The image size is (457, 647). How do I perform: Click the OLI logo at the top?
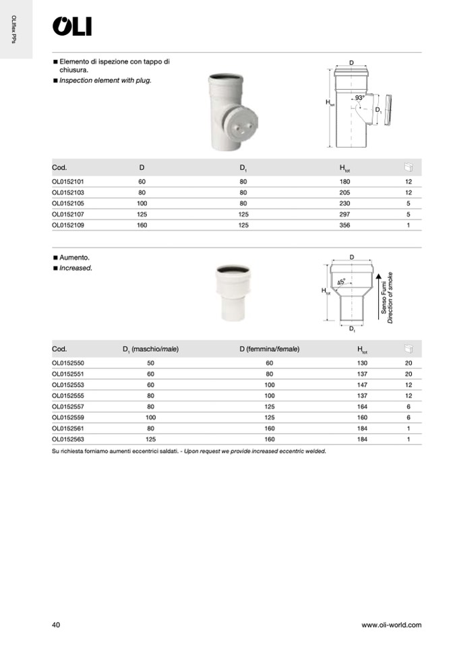pos(72,26)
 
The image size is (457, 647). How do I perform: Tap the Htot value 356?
pos(345,225)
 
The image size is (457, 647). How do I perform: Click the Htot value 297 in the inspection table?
pos(345,215)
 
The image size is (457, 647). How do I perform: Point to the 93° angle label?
pos(360,98)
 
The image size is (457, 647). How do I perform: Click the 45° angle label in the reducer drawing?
pos(341,282)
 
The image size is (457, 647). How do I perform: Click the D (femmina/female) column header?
pos(269,349)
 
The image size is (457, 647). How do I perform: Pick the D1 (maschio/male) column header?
pos(150,349)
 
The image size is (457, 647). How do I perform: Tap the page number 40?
pos(56,625)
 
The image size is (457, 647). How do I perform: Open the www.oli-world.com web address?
pos(391,625)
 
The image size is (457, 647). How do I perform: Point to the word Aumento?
pos(74,258)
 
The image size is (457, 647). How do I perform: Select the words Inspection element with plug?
pos(105,80)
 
